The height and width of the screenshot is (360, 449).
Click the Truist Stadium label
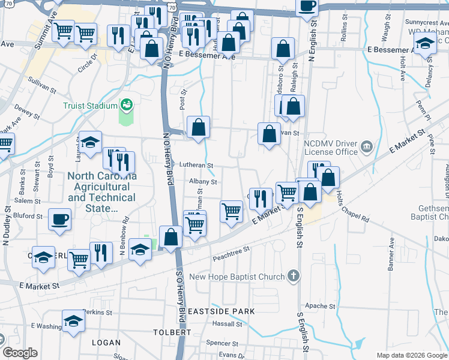[90, 106]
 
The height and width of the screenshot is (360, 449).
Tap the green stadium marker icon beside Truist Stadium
[126, 106]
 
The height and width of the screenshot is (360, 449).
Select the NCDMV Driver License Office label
[331, 148]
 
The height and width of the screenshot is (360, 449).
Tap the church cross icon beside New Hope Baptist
[293, 276]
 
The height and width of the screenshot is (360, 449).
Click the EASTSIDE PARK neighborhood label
[221, 311]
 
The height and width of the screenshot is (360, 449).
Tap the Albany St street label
[202, 182]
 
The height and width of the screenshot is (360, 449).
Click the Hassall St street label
[226, 324]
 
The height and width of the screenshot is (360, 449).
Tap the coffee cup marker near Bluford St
[59, 219]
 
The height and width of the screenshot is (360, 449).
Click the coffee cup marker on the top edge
[307, 5]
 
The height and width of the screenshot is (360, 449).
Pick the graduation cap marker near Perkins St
[73, 320]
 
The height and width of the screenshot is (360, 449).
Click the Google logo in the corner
[20, 353]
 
